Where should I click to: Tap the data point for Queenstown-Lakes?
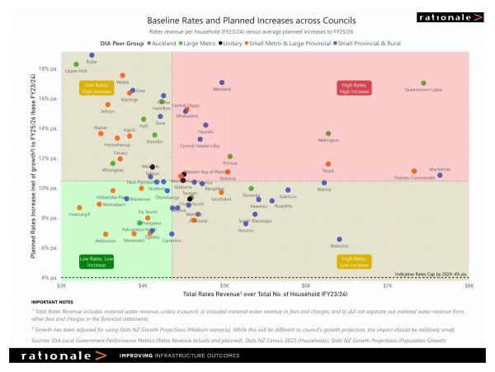423,83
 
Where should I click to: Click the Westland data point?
222,83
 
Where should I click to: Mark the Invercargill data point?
79,208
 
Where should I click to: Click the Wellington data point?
328,134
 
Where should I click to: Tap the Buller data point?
92,55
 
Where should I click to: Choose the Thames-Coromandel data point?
414,172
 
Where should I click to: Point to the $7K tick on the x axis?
388,285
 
